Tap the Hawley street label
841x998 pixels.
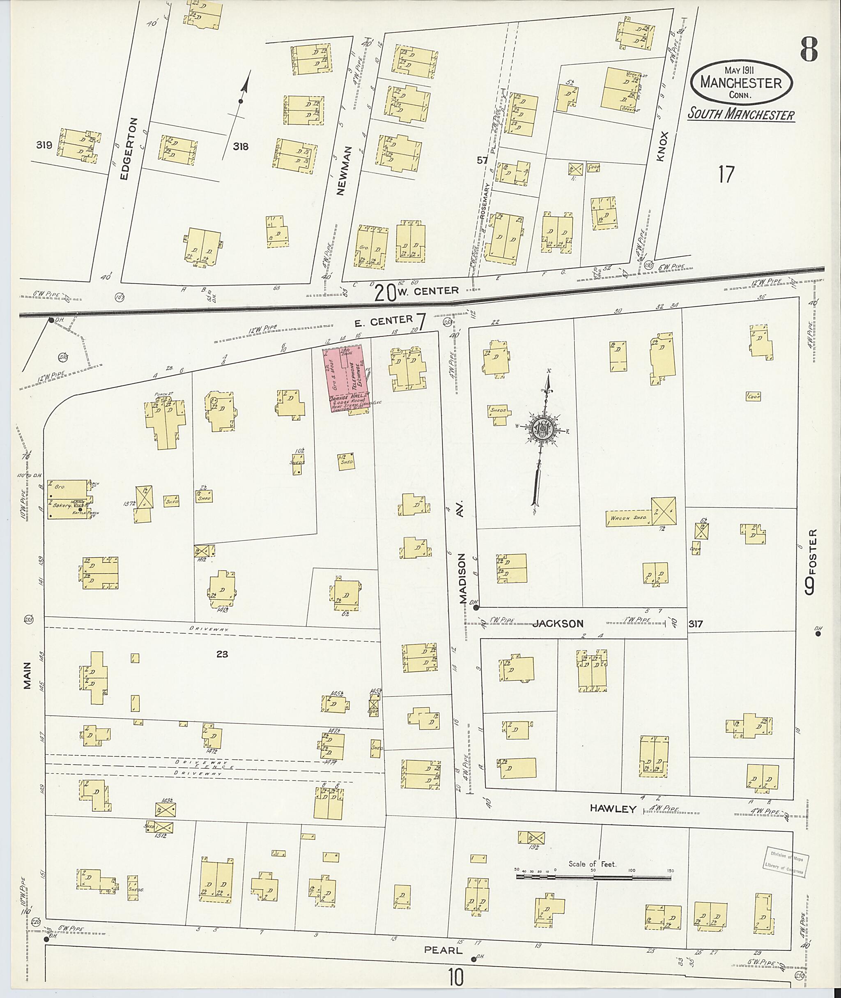click(613, 808)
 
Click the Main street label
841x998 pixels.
click(27, 675)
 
